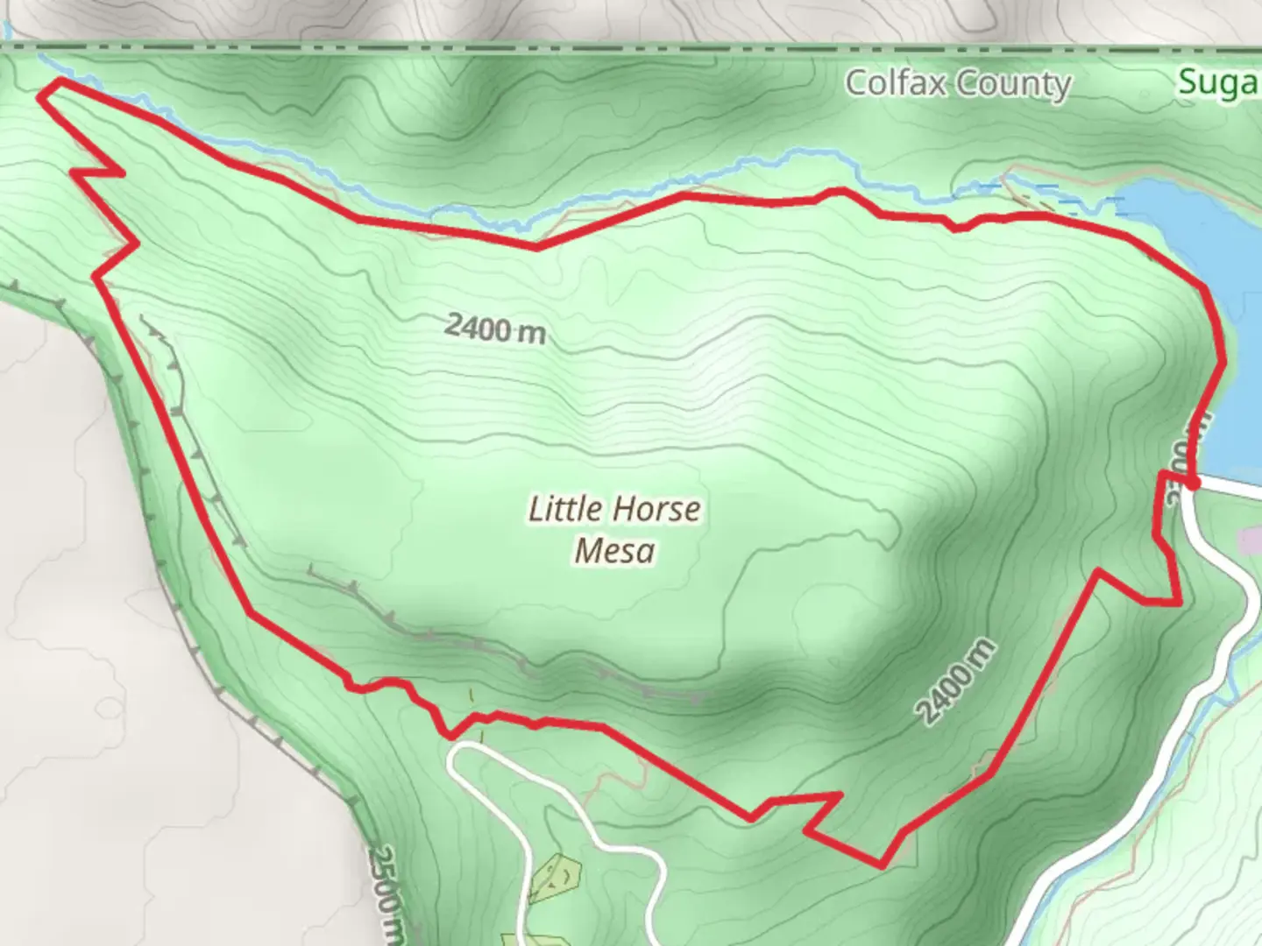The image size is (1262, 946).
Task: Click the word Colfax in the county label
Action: coord(896,83)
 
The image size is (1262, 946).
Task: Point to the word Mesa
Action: coord(614,551)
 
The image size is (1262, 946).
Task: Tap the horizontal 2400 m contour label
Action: coord(494,328)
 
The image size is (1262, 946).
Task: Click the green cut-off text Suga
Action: coord(1218,82)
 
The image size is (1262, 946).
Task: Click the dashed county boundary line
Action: coord(613,46)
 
